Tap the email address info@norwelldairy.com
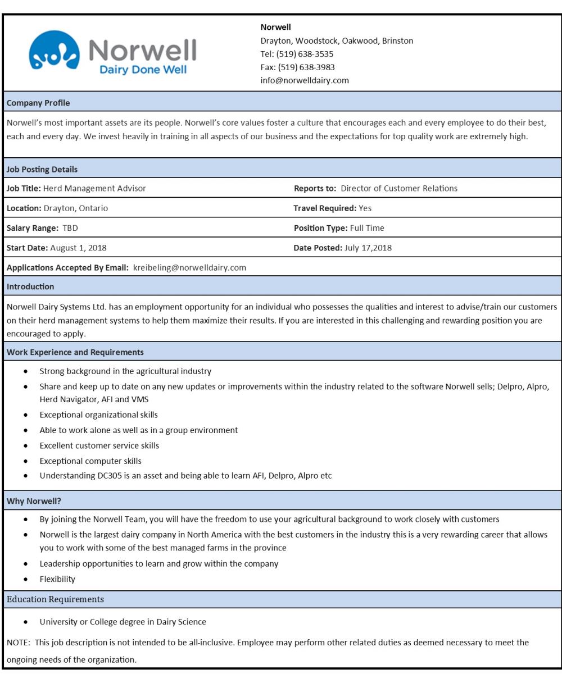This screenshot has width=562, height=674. pos(305,80)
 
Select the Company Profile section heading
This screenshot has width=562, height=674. pos(39,103)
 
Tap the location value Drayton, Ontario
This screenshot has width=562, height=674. pos(76,208)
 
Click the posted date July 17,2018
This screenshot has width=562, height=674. pos(368,248)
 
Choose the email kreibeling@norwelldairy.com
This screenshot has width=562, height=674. pos(189,267)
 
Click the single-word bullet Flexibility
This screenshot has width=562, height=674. pos(58,579)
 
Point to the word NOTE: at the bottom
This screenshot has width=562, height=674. pos(17,638)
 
